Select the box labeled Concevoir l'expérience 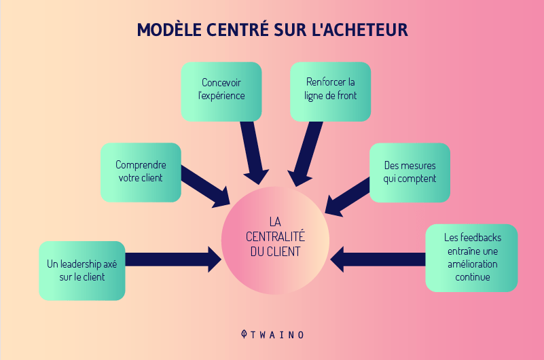(x=221, y=90)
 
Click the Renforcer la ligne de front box (x=330, y=90)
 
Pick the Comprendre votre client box (x=140, y=172)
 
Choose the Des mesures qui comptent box (x=410, y=172)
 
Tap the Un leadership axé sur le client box (x=82, y=270)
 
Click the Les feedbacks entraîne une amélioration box (x=471, y=257)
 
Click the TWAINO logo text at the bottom (x=273, y=335)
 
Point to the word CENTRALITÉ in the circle (x=274, y=236)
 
